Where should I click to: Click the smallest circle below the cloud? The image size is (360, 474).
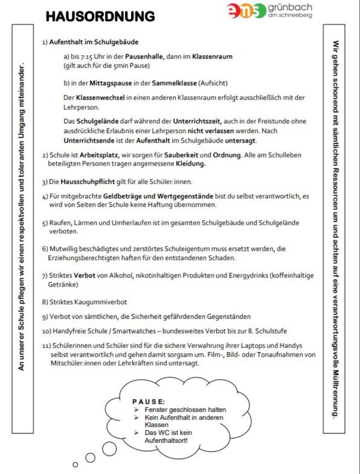click(x=75, y=464)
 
